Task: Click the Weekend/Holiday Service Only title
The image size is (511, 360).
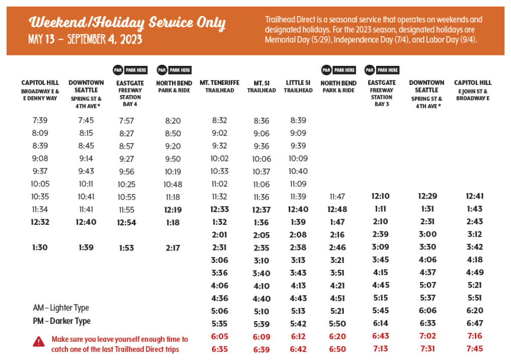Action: (x=127, y=23)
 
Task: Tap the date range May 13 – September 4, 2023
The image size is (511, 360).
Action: (x=86, y=39)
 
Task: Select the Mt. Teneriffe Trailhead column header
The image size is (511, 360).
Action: (x=220, y=86)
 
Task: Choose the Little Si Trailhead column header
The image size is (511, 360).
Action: (x=299, y=86)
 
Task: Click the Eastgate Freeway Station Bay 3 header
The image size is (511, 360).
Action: (x=382, y=93)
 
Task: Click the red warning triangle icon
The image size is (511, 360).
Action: (x=39, y=342)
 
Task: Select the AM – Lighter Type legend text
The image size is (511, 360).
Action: (x=61, y=308)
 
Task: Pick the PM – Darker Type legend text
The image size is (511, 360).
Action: (x=62, y=321)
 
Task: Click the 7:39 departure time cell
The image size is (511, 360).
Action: (x=40, y=120)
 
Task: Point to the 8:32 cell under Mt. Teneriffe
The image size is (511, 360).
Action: (x=220, y=121)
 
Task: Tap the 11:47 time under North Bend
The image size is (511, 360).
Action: (x=338, y=197)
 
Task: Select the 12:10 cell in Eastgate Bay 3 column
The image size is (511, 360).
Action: (x=381, y=196)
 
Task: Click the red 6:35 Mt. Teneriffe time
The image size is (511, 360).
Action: (x=220, y=349)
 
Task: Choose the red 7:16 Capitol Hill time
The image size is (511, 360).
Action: (x=474, y=336)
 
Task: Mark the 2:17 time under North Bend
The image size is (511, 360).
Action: (x=173, y=248)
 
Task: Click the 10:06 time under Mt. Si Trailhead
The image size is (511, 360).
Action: (x=262, y=159)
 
